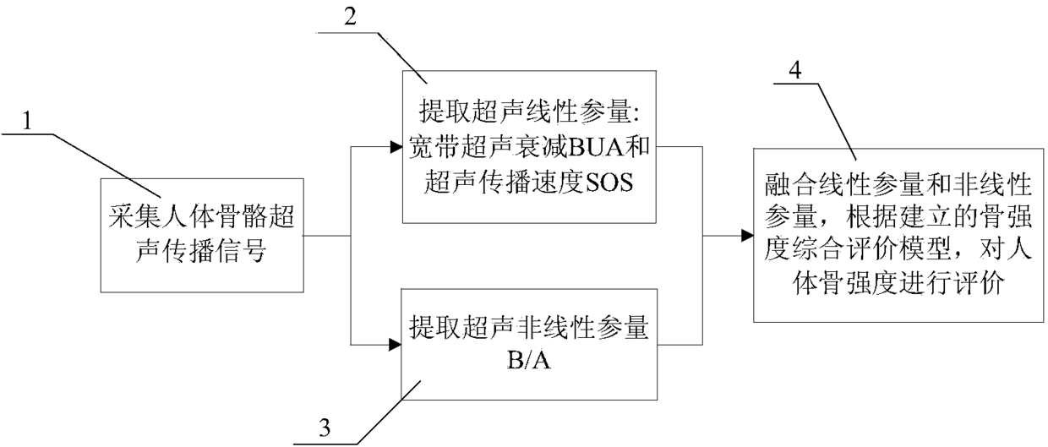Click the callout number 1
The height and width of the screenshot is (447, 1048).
click(28, 122)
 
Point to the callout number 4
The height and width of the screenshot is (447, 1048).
click(816, 70)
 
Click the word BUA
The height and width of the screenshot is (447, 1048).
click(574, 154)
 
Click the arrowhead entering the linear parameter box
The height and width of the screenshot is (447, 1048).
click(396, 146)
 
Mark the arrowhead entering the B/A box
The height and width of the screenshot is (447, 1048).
click(396, 344)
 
